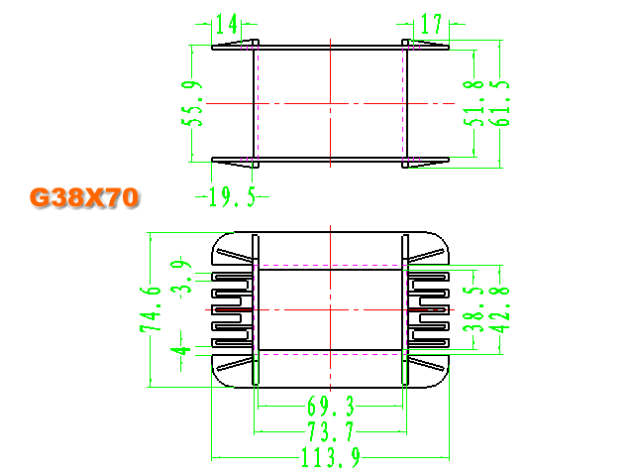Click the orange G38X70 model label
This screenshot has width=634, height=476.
[84, 198]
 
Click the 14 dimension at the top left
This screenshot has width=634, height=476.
[227, 24]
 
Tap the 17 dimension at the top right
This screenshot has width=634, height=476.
[431, 24]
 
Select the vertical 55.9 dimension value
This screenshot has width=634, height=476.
[192, 103]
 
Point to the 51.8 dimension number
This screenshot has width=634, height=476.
[474, 103]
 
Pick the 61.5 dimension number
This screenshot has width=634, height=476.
[501, 103]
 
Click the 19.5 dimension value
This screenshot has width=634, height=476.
[233, 197]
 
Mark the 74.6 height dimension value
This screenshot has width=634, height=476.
[151, 309]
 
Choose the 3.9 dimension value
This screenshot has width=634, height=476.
[180, 274]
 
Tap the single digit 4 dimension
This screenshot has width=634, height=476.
[180, 350]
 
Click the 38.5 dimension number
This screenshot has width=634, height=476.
[474, 309]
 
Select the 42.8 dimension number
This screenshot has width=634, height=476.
[501, 309]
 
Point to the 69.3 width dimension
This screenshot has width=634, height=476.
[331, 406]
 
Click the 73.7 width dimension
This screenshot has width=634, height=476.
[331, 431]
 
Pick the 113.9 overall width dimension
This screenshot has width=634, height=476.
[331, 457]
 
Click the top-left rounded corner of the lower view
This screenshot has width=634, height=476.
[219, 240]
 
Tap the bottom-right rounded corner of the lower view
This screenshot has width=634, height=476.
[442, 380]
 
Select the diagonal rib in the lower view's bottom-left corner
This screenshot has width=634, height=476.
[235, 364]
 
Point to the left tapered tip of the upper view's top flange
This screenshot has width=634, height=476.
[213, 48]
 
